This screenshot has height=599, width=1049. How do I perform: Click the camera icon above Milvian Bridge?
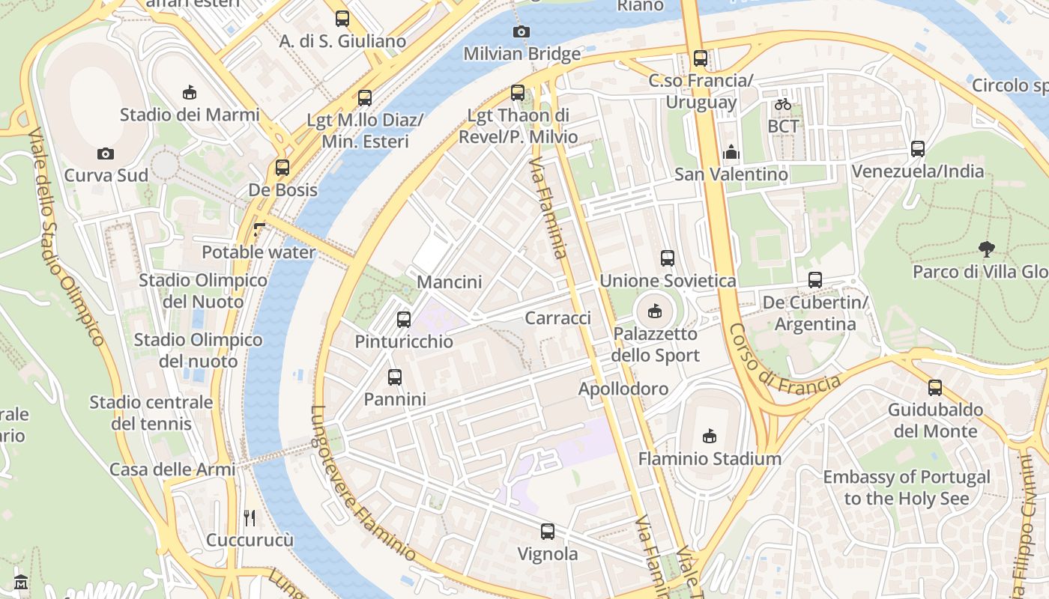521,31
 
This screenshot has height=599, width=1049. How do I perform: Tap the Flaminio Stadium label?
709,458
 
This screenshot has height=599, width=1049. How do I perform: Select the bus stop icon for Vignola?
548,532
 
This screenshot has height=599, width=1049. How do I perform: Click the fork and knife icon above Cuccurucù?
250,517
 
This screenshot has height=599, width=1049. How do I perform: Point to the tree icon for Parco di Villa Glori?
986,249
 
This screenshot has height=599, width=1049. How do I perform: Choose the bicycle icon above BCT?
783,104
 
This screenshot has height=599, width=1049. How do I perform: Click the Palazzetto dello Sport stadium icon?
654,311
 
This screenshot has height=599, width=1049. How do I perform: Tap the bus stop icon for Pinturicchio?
404,320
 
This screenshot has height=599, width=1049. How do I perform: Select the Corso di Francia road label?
784,359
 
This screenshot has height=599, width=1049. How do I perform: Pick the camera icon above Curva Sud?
106,153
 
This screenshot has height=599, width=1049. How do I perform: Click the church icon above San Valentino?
731,153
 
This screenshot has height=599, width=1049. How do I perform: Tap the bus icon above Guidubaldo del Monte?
934,388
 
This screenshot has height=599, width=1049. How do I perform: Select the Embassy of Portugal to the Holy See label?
906,487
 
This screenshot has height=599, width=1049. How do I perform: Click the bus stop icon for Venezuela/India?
918,149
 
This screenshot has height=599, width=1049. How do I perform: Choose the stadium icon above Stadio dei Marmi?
190,93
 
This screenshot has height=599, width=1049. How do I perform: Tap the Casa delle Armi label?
172,469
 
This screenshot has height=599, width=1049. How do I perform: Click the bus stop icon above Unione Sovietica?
668,258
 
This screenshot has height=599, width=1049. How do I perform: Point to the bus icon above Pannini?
395,377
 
